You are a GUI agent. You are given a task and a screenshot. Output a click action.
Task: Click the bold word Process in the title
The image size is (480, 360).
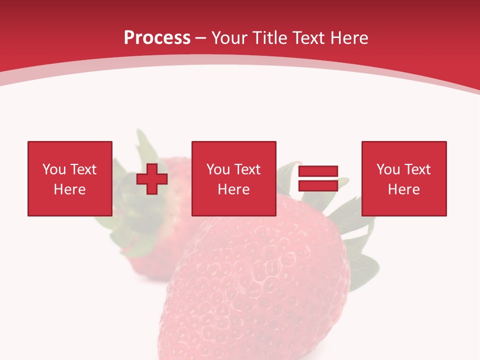click(x=157, y=38)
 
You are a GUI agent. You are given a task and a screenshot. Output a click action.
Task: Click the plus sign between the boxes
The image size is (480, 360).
click(x=152, y=178)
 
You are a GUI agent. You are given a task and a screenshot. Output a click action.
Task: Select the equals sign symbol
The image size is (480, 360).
click(x=318, y=178)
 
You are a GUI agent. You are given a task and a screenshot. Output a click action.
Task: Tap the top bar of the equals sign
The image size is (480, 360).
click(x=318, y=171)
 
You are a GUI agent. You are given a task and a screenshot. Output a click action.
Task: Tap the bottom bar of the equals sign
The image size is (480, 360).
click(x=318, y=185)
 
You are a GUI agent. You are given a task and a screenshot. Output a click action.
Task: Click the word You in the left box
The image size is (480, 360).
click(x=54, y=169)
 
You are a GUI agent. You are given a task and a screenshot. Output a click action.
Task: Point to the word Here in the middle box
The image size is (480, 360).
click(x=233, y=189)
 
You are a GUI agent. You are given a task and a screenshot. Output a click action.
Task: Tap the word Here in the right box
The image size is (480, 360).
click(x=404, y=189)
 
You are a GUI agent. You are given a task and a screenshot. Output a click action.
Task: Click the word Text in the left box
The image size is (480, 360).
click(x=83, y=169)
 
